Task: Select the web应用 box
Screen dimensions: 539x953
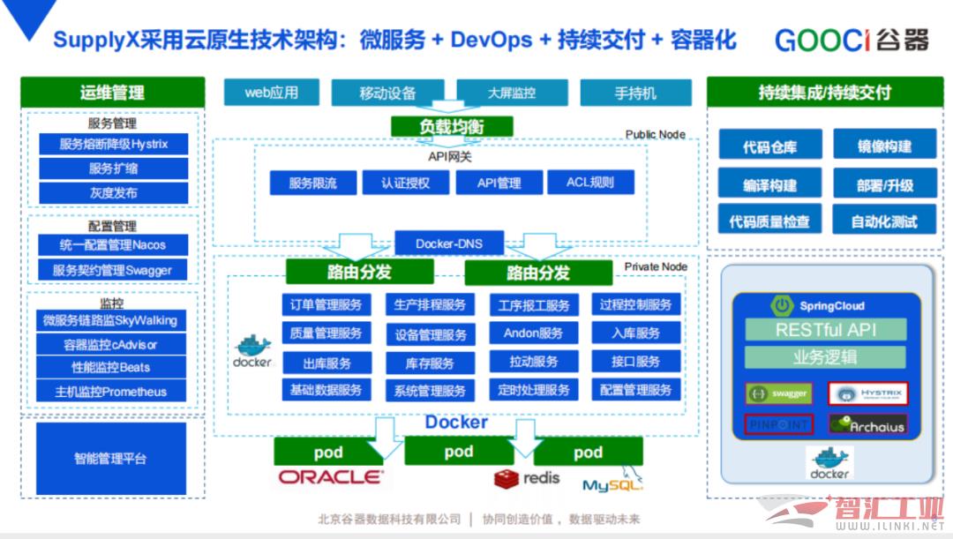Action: [x=271, y=92]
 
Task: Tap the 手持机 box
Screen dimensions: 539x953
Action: [x=635, y=93]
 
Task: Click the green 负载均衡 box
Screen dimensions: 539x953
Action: [x=451, y=126]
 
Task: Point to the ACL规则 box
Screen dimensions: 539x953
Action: [x=589, y=183]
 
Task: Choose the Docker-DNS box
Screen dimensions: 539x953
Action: [x=449, y=243]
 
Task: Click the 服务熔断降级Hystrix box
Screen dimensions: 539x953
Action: [x=113, y=144]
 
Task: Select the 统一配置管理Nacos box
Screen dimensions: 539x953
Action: [x=113, y=245]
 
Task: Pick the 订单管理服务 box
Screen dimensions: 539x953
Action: [x=326, y=305]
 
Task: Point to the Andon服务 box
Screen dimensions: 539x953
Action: [x=533, y=333]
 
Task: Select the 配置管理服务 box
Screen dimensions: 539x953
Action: [x=635, y=390]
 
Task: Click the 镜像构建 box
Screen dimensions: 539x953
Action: [x=884, y=146]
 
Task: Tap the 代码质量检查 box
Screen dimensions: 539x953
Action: [x=769, y=222]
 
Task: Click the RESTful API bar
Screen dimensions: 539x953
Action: [x=826, y=331]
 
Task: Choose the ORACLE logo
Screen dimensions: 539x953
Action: [x=331, y=477]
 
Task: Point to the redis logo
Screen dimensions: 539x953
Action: [x=527, y=479]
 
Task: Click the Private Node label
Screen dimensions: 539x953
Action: [x=656, y=266]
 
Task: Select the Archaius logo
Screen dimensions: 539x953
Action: [x=867, y=425]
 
